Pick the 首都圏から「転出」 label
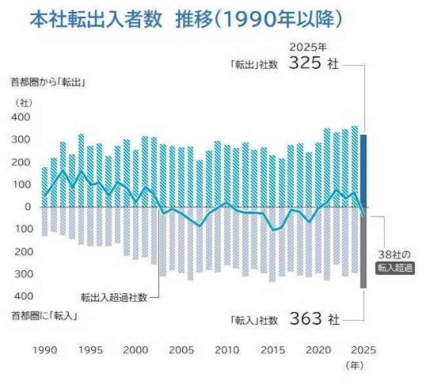point(49,83)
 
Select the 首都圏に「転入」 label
point(45,317)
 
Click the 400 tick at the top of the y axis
point(21,117)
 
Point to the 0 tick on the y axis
point(28,207)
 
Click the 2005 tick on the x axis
point(181,349)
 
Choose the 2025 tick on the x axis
point(363,349)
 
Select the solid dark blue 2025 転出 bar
point(362,170)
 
